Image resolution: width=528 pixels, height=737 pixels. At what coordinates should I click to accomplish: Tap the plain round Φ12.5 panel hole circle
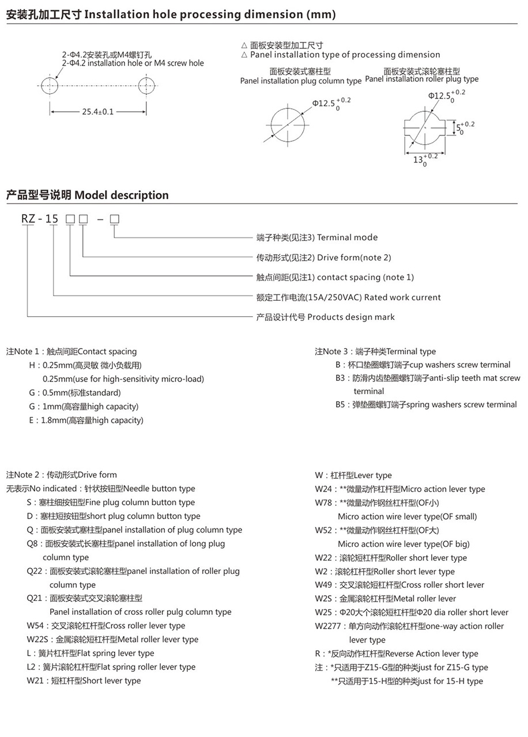[x=287, y=123]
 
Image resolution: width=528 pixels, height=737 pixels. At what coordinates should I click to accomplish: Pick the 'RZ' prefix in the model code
[x=28, y=218]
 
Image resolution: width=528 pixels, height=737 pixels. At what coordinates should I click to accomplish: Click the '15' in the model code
[x=52, y=218]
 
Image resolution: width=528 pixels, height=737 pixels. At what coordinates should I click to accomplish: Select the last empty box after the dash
[x=114, y=219]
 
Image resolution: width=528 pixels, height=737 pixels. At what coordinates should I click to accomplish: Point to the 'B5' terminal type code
[x=341, y=405]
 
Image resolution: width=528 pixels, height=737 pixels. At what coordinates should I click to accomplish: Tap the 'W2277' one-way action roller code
[x=328, y=626]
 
